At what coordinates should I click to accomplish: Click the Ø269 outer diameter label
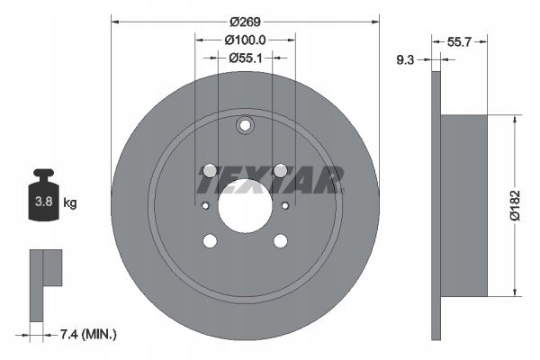(x=244, y=21)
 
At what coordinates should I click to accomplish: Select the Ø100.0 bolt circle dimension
(x=244, y=40)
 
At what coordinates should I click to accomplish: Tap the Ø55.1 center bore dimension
(x=244, y=58)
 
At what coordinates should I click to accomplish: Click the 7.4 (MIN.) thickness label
(x=87, y=334)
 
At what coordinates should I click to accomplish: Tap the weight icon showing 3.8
(x=43, y=200)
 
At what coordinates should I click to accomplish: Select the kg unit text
(x=70, y=203)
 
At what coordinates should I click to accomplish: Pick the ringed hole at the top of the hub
(x=245, y=127)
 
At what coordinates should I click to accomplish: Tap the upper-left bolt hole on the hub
(x=210, y=170)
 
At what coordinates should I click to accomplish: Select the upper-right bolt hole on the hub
(x=280, y=170)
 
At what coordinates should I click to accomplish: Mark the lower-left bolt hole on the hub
(x=210, y=240)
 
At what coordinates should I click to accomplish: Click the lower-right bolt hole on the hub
(x=280, y=240)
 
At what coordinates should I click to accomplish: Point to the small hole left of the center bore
(x=205, y=206)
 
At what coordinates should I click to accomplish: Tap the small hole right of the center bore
(x=285, y=206)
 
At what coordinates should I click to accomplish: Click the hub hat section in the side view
(x=464, y=204)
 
